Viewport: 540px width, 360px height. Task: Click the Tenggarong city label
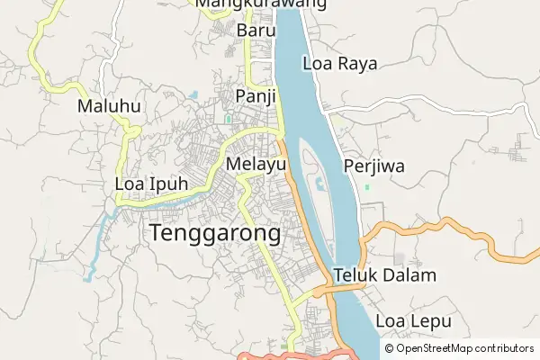pyautogui.click(x=215, y=234)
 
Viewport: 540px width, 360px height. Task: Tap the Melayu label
pyautogui.click(x=256, y=165)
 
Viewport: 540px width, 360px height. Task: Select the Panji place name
pyautogui.click(x=255, y=96)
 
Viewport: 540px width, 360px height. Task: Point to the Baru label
pyautogui.click(x=255, y=31)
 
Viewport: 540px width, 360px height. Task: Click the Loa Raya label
pyautogui.click(x=339, y=64)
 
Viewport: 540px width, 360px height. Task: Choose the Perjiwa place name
pyautogui.click(x=373, y=166)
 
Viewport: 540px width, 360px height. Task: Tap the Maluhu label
pyautogui.click(x=109, y=106)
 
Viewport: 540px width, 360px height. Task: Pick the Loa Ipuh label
pyautogui.click(x=152, y=185)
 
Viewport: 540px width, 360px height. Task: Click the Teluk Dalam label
pyautogui.click(x=384, y=275)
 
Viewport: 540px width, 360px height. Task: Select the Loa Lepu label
pyautogui.click(x=412, y=320)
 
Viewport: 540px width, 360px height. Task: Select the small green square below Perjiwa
pyautogui.click(x=367, y=187)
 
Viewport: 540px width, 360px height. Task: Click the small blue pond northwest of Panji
pyautogui.click(x=194, y=93)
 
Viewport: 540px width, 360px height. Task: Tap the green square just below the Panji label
pyautogui.click(x=229, y=117)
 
